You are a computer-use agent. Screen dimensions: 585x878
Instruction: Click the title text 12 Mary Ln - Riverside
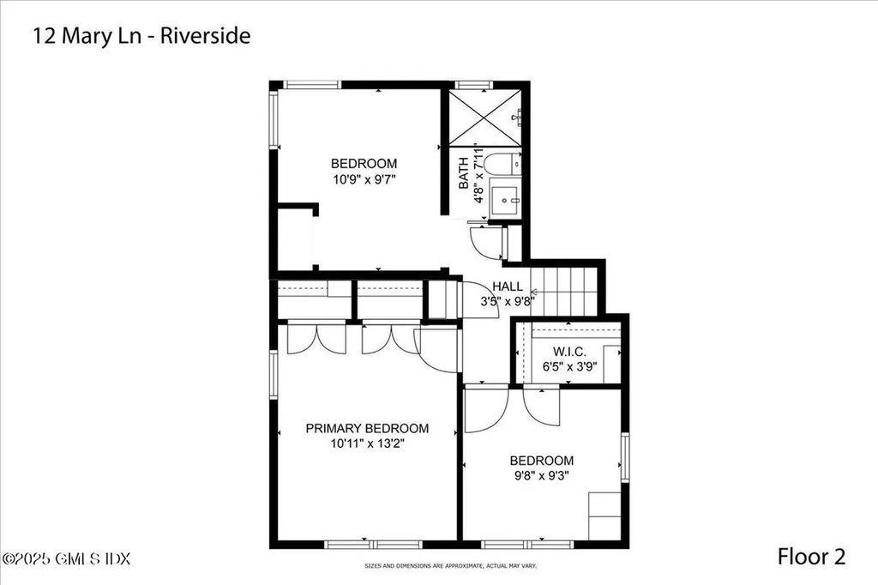(141, 37)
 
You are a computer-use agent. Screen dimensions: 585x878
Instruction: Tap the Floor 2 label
(811, 557)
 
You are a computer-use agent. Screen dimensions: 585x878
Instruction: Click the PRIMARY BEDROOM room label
(367, 428)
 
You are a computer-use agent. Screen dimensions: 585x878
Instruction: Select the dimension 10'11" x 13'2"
(367, 443)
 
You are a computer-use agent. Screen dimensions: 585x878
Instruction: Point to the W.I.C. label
(569, 352)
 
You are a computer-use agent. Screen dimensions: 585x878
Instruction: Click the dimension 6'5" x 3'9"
(569, 366)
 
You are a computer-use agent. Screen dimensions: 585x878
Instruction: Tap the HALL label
(508, 286)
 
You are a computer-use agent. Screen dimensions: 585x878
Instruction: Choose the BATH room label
(464, 173)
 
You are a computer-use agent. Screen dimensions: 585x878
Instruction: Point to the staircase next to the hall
(565, 291)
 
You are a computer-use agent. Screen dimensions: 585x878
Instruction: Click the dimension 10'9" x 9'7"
(364, 179)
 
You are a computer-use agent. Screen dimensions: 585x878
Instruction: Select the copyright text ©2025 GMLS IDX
(66, 558)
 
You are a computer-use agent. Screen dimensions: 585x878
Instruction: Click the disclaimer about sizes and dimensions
(439, 567)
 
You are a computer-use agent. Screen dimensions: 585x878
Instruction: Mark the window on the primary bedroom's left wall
(274, 377)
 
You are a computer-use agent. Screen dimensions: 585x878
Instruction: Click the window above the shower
(470, 84)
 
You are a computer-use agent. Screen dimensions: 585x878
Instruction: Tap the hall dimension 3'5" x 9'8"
(508, 301)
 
